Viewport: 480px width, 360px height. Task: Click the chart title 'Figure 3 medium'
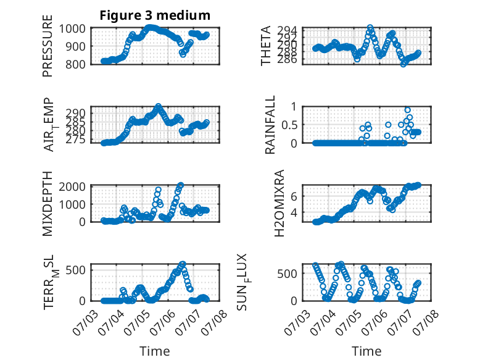155,15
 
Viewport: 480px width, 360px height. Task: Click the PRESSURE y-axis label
48,46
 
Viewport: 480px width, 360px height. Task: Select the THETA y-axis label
266,46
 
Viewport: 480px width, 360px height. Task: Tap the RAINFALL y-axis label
270,125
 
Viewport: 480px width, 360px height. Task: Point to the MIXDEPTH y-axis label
48,204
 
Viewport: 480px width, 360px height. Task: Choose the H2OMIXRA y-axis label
279,203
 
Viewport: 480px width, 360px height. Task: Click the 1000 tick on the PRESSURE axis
72,29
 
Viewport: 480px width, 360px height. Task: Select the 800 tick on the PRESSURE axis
75,65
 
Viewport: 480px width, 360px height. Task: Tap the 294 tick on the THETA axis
287,30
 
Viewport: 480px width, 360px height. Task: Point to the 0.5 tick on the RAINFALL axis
289,125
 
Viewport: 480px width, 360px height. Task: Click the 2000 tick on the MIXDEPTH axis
72,186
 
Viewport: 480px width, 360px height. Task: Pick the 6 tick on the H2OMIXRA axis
294,196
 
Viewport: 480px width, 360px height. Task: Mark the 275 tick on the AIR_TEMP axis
75,140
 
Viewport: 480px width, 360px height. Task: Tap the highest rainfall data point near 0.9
407,111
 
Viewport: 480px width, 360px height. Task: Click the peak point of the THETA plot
370,28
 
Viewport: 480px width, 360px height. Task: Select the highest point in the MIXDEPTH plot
181,185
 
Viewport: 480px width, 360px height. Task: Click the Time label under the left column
155,351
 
